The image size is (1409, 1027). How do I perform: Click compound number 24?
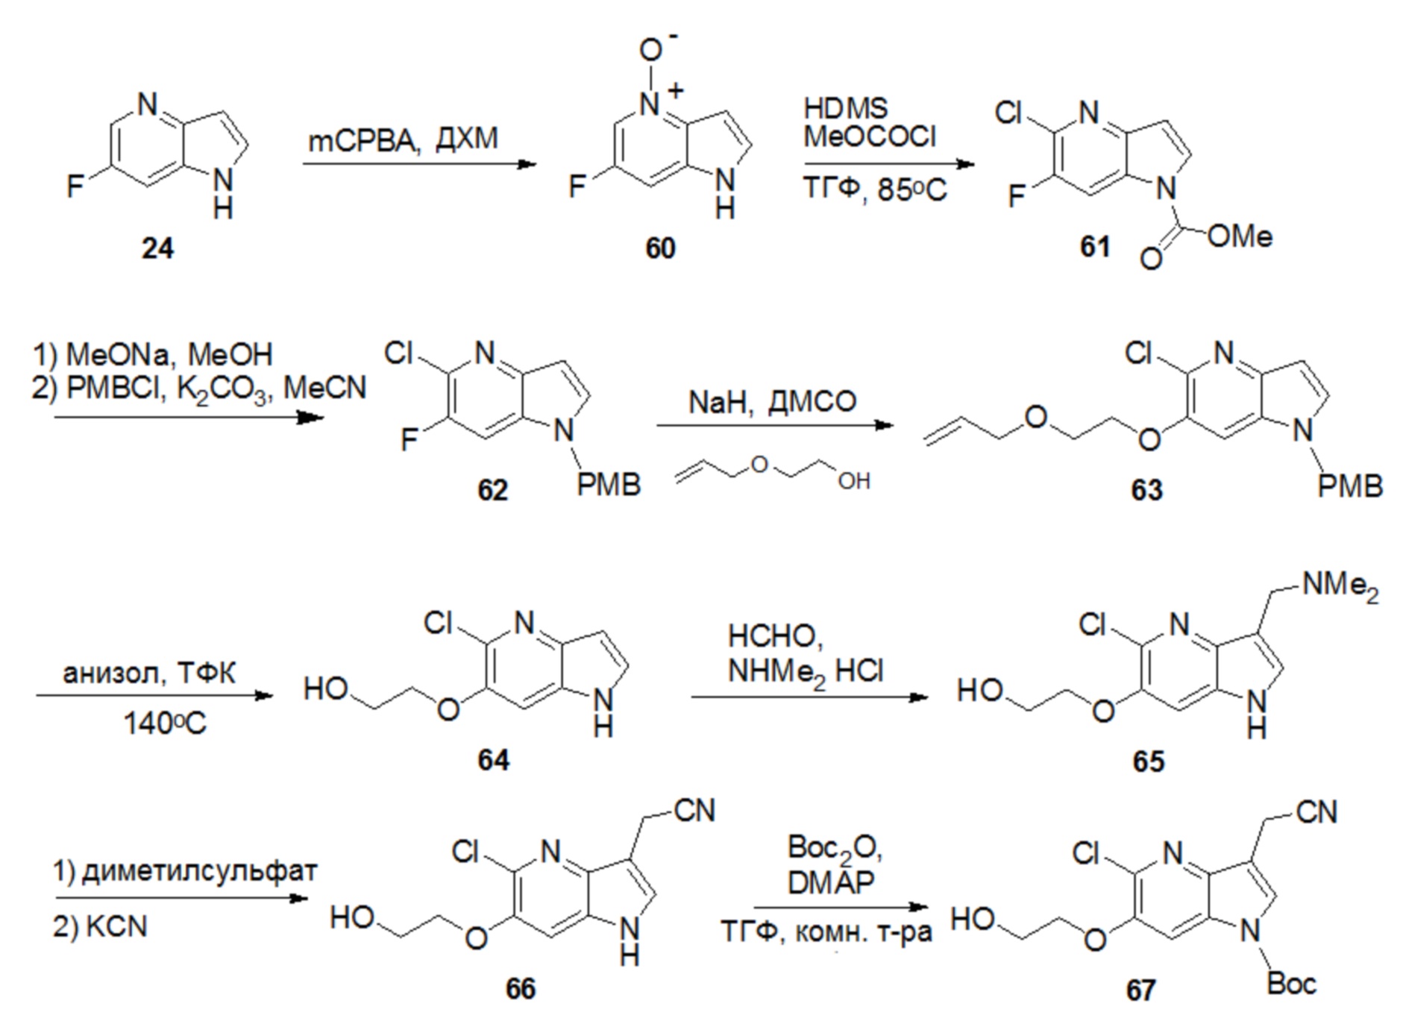coord(157,248)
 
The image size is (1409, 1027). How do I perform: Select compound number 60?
coord(660,248)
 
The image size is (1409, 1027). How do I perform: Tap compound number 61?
coord(1095,246)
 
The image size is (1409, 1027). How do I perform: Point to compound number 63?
coord(1146,490)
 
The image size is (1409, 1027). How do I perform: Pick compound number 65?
coord(1148,761)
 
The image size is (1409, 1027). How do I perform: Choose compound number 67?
coord(1140,990)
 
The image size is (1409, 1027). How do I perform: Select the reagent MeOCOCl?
coord(870,136)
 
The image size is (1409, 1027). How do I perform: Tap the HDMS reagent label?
coord(846,108)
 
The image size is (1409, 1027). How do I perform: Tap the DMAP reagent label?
coord(831,883)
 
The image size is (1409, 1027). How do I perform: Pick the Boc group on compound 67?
coord(1291,984)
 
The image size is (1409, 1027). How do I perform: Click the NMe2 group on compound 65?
coord(1340,586)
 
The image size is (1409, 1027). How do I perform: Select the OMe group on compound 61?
coord(1240,236)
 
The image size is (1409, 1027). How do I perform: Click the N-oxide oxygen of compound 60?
coord(650,50)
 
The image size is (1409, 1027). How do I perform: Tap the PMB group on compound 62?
coord(609,485)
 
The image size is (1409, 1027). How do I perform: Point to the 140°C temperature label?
coord(164,723)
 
